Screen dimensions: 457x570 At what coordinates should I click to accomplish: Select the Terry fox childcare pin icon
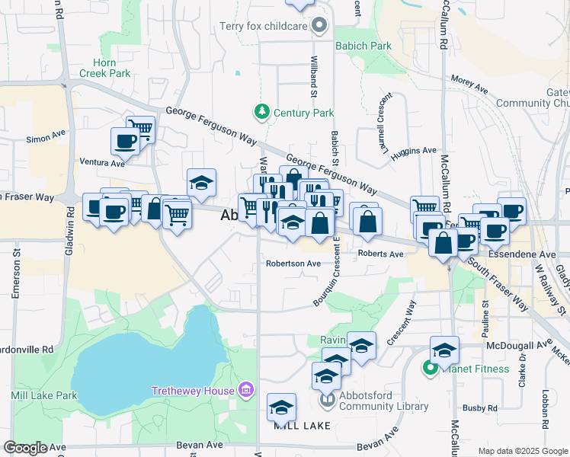point(320,27)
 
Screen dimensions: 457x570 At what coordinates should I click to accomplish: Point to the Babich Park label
point(362,46)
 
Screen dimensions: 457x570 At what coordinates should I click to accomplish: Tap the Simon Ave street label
point(46,137)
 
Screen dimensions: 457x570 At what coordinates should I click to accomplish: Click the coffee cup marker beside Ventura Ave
point(125,141)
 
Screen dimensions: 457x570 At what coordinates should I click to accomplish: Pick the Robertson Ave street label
point(293,264)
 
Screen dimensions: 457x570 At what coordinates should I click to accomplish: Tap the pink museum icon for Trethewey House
point(245,391)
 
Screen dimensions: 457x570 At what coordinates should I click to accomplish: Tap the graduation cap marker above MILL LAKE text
point(281,407)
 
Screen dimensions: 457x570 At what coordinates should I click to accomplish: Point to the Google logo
point(25,448)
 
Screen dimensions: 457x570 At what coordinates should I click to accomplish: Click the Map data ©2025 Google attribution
point(523,451)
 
